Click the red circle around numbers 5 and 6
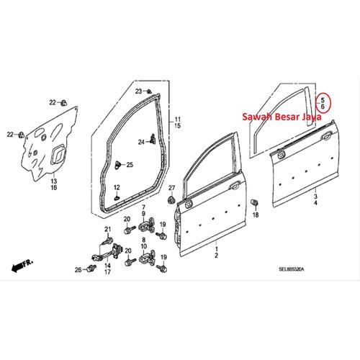tap(315, 103)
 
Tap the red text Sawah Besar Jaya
tap(282, 117)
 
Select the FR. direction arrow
tap(22, 265)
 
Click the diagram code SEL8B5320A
tap(292, 269)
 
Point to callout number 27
tap(172, 188)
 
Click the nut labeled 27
tap(171, 199)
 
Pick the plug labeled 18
tap(255, 202)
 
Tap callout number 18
tap(256, 215)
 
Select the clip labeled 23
tap(149, 91)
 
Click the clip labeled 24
tap(152, 139)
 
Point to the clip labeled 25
tap(118, 164)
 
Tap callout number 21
tap(108, 230)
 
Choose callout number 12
tap(117, 187)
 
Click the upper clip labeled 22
tap(63, 103)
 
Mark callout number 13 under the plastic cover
tap(54, 181)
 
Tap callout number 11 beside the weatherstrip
tap(177, 119)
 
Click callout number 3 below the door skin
tap(315, 197)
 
